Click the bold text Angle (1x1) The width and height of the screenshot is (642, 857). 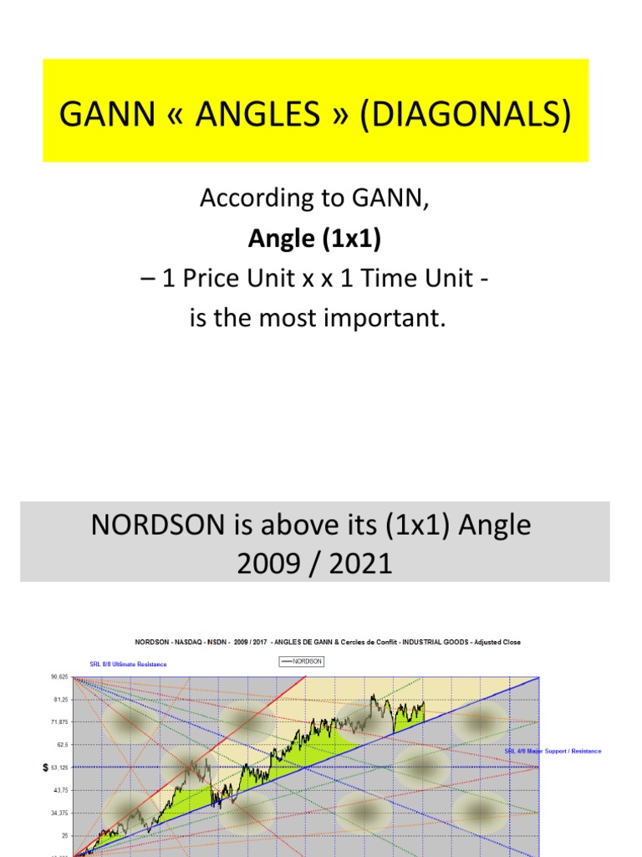(x=314, y=239)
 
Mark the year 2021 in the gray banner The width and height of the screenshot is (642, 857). (x=361, y=563)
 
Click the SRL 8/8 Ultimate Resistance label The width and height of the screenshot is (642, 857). (x=128, y=665)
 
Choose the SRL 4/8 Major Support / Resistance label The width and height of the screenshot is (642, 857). (x=553, y=751)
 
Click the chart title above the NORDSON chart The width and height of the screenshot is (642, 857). (x=328, y=642)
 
